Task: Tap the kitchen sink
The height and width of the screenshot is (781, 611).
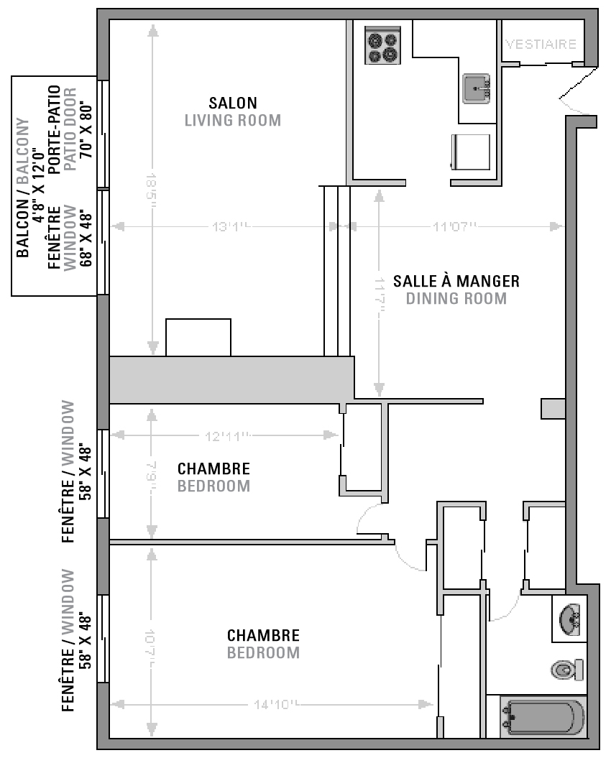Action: tap(476, 88)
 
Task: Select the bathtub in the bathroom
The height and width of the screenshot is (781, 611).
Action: tap(543, 718)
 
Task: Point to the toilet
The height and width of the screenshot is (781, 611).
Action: tap(567, 670)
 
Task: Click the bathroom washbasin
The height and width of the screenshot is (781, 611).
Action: tap(571, 619)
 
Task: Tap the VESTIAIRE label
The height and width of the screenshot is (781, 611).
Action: tap(541, 44)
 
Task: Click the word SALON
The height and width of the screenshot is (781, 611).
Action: tap(233, 103)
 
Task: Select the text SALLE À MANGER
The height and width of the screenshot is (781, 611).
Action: tap(456, 280)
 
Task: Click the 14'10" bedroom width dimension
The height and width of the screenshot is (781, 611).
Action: tap(274, 705)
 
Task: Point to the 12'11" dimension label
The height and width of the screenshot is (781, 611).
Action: tap(226, 435)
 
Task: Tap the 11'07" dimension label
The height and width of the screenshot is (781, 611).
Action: tap(454, 227)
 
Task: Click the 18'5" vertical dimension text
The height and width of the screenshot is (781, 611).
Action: tap(152, 189)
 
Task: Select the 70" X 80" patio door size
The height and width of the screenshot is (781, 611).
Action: tap(87, 130)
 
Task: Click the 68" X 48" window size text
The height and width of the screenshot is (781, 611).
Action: tap(87, 236)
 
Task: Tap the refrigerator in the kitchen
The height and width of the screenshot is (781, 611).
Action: tap(471, 152)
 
